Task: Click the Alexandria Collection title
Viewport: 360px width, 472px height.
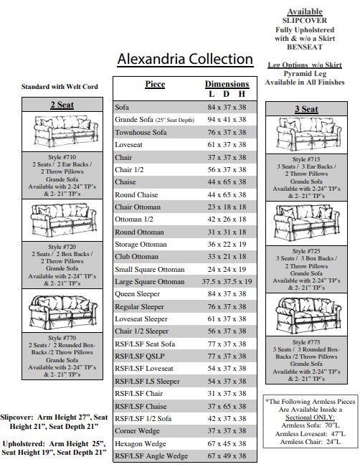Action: tap(185, 59)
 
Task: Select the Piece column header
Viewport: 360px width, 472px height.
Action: tap(155, 84)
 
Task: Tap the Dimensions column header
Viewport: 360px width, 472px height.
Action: tap(227, 84)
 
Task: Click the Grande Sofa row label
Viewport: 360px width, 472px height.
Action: tap(155, 119)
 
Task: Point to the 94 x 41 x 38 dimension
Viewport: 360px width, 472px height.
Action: tap(227, 119)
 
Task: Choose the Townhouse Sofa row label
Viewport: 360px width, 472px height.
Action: tap(141, 133)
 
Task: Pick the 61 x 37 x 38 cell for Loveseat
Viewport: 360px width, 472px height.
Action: tap(227, 145)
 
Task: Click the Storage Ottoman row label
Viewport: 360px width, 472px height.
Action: tap(141, 244)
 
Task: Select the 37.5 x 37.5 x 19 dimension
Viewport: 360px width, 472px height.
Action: tap(227, 282)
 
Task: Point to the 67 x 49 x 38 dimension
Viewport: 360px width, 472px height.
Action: tap(227, 456)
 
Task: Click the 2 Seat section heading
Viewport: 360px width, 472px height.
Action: tap(62, 105)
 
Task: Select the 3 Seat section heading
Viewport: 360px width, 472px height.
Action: tap(306, 109)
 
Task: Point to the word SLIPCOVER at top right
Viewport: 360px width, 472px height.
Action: tap(305, 21)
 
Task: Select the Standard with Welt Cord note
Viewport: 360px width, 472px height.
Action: tap(60, 87)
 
